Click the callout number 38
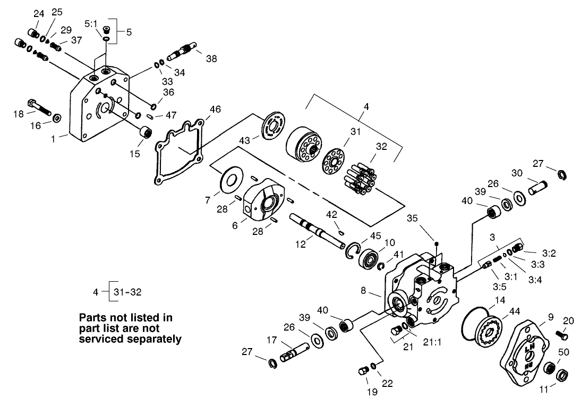[211, 59]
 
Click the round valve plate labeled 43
[275, 126]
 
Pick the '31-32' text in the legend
[127, 291]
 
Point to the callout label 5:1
[91, 24]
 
